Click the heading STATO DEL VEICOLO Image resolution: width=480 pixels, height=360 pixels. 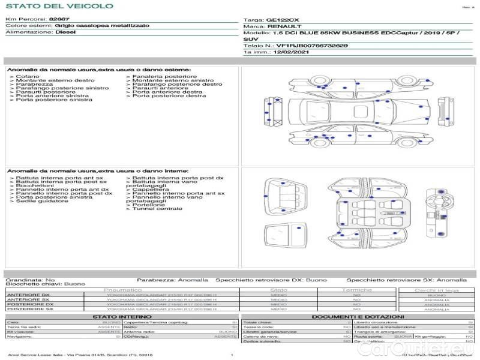tap(59, 6)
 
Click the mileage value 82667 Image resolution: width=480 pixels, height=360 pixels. tap(59, 20)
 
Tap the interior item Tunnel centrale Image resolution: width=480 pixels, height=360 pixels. tap(157, 208)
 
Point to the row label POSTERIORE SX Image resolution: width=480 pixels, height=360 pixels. tap(28, 310)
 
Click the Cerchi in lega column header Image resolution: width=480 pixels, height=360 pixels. tap(436, 290)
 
